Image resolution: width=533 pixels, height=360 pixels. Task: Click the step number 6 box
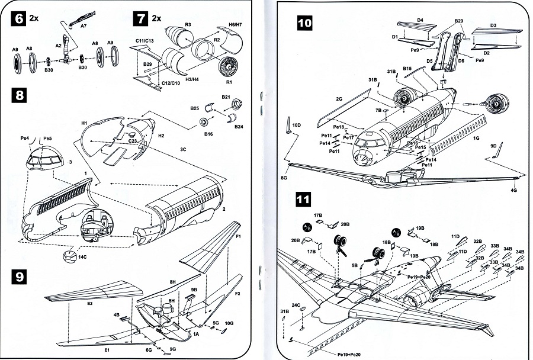pyautogui.click(x=20, y=18)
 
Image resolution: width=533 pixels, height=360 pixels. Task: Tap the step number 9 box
pyautogui.click(x=20, y=277)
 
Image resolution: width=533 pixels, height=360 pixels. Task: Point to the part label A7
pyautogui.click(x=84, y=26)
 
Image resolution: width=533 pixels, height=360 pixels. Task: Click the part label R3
pyautogui.click(x=187, y=24)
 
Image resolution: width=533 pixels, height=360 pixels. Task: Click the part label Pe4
pyautogui.click(x=25, y=139)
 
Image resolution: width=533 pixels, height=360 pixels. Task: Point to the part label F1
pyautogui.click(x=240, y=237)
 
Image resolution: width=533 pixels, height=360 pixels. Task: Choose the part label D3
pyautogui.click(x=493, y=25)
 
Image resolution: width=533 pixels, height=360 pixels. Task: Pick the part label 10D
pyautogui.click(x=297, y=125)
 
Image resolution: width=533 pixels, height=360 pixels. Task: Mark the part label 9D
pyautogui.click(x=493, y=146)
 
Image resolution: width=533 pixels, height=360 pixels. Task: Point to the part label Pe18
pyautogui.click(x=339, y=127)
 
